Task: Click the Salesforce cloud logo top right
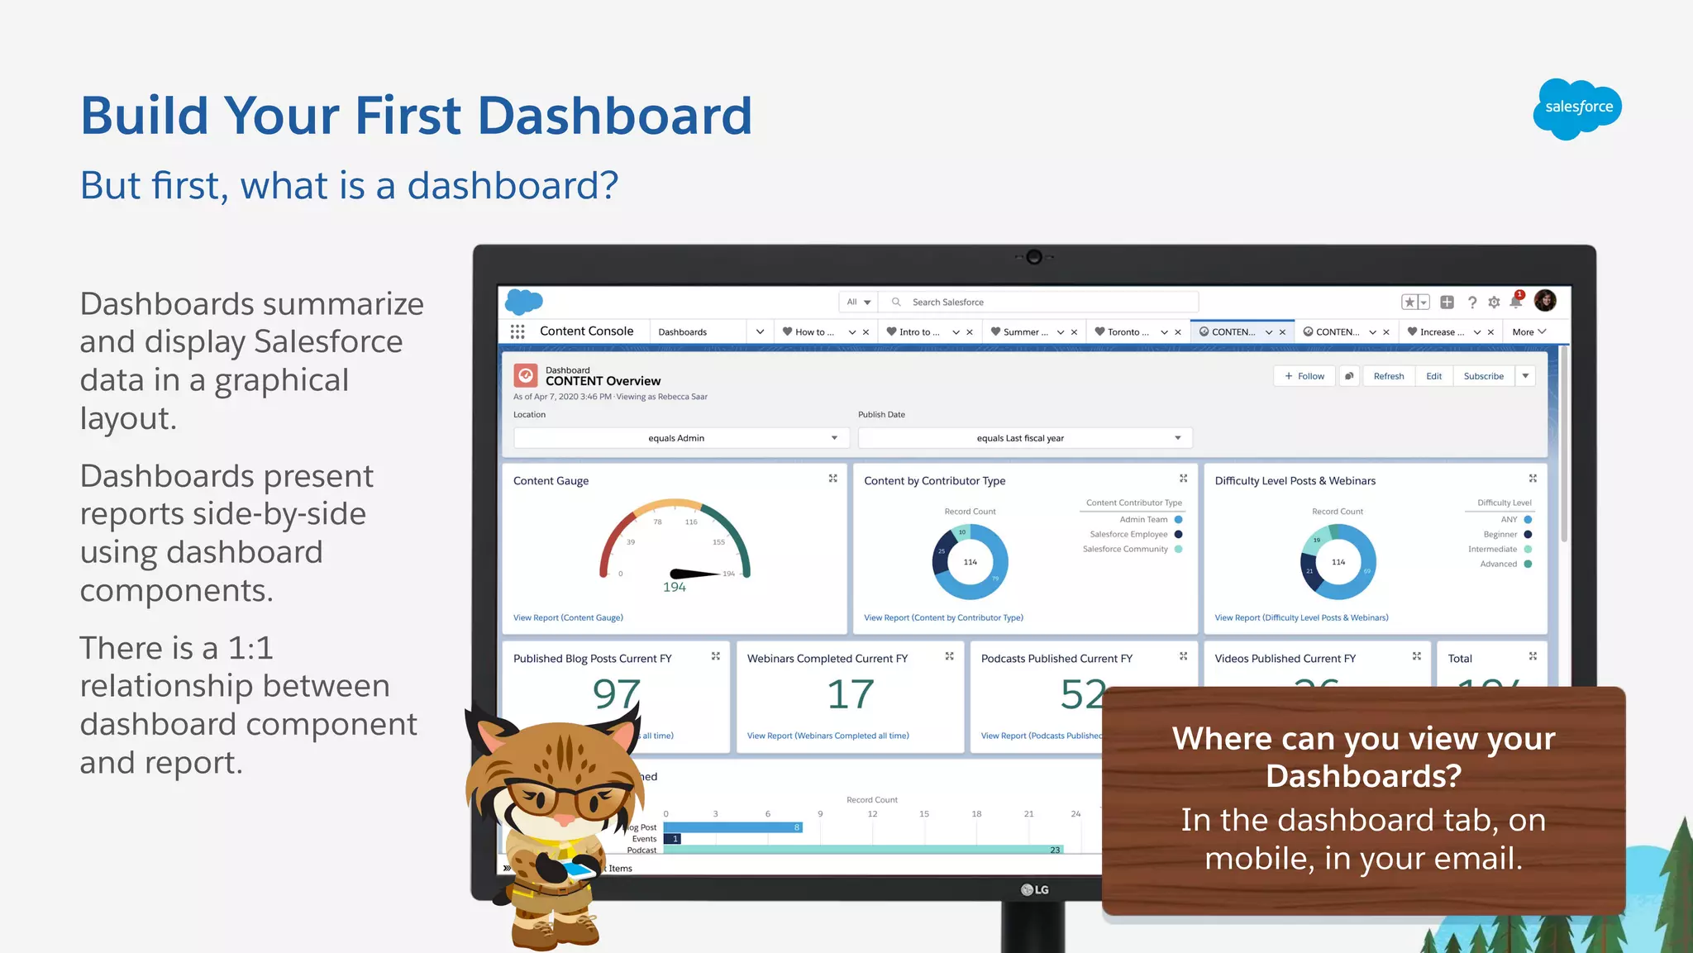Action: [1577, 108]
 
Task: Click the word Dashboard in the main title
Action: [614, 116]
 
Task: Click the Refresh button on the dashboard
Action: [1388, 376]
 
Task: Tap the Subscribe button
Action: [1483, 376]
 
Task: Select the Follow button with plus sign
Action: [1304, 376]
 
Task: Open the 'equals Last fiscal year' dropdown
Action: [1024, 438]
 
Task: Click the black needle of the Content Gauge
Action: [694, 573]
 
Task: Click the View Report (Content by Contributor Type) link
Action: [943, 617]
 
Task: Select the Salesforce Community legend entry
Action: [1125, 549]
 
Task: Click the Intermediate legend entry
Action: [1492, 549]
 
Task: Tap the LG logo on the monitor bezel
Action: [1034, 889]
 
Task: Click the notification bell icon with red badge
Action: [1515, 303]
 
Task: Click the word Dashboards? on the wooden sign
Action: [1363, 776]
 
